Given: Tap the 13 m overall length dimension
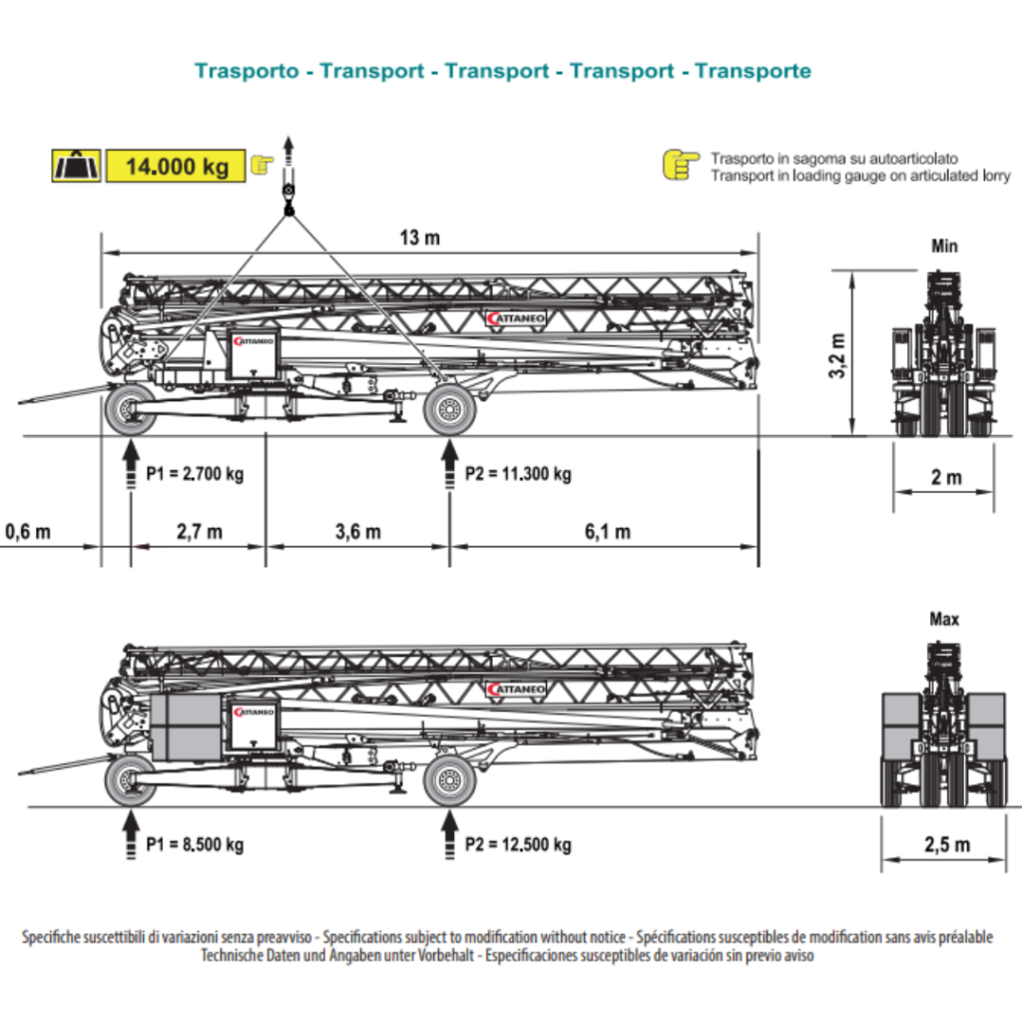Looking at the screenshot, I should coord(419,238).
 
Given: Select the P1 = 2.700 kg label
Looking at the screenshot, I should coord(195,473).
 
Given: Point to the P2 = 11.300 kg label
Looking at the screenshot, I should coord(518,473).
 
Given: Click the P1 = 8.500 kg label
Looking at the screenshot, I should coord(195,844).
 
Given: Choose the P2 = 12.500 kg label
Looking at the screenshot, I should coord(518,844).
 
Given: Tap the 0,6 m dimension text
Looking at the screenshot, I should coord(27,531).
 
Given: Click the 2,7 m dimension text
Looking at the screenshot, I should coord(200,531).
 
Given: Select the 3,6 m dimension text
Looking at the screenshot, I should coord(357,531).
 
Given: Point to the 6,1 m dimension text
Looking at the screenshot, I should coord(607,531).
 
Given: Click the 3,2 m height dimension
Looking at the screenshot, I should coord(838,355).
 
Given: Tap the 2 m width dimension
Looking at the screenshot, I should coord(946,477).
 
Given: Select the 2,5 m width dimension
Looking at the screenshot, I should coord(946,844).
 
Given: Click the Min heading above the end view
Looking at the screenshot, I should coord(944,246).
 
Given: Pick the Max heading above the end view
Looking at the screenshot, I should coord(944,620).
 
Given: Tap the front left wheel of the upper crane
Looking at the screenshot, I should coord(130,410).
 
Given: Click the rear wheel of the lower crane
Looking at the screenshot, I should coord(450,781).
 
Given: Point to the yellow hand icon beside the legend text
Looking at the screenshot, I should coord(682,165).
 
